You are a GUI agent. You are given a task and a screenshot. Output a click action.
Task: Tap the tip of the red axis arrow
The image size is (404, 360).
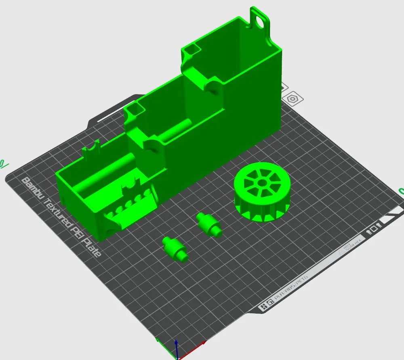click(x=204, y=343)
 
